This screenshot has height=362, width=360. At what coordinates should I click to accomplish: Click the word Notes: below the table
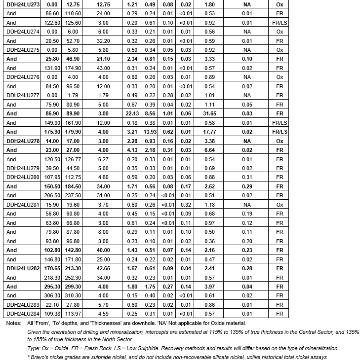13,323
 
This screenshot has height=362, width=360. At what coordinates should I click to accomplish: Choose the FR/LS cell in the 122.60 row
280,23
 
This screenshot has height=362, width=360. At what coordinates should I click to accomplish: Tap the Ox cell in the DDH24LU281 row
280,204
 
